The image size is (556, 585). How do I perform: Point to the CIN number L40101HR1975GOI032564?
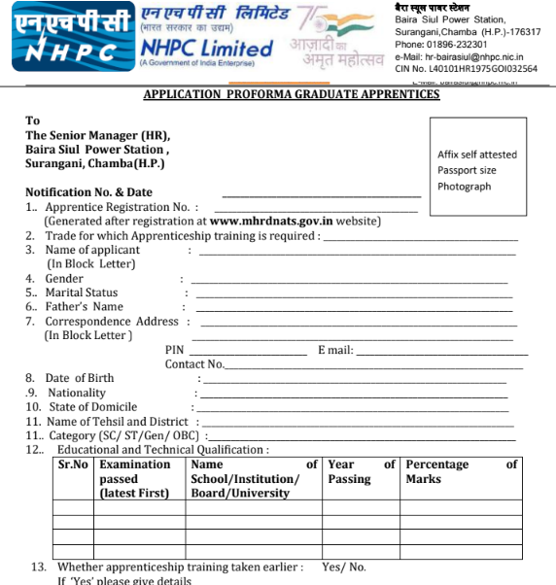click(x=466, y=69)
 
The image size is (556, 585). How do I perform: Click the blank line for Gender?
click(x=349, y=283)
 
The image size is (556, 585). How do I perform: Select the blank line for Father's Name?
click(x=354, y=311)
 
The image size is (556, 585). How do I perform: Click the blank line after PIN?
click(x=247, y=354)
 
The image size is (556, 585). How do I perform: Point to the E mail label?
click(x=335, y=350)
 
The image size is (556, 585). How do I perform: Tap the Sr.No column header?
click(x=74, y=465)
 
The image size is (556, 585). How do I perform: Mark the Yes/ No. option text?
click(x=344, y=567)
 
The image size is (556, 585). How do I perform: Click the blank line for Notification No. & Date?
click(x=321, y=197)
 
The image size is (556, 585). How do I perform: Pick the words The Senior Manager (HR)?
click(x=97, y=135)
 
